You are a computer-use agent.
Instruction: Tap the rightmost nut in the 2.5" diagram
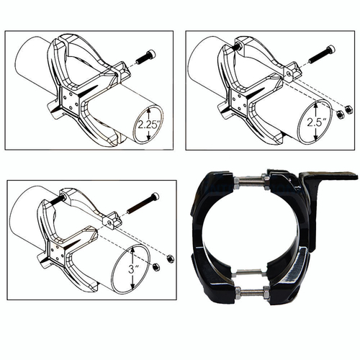click(x=348, y=109)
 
